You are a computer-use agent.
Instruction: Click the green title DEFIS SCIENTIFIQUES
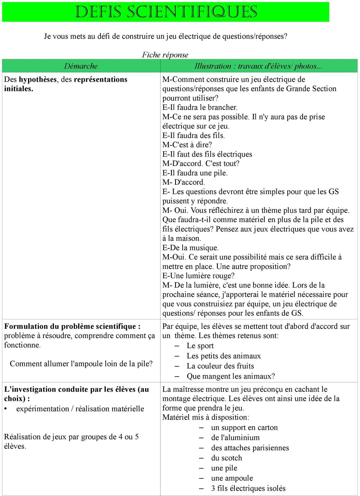coord(166,12)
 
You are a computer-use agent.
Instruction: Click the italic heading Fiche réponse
coord(165,55)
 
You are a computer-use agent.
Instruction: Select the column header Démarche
coord(81,66)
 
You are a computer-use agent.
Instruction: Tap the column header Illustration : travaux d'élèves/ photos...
coord(258,66)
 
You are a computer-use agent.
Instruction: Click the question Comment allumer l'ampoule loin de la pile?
coord(81,364)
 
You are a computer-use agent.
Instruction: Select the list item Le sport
coord(200,346)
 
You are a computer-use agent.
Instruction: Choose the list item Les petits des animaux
coord(223,356)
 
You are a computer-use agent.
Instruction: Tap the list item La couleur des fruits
coord(220,366)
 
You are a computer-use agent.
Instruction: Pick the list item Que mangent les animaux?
coord(231,376)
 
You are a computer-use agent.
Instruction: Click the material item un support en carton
coord(244,427)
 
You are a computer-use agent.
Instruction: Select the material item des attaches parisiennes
coord(250,448)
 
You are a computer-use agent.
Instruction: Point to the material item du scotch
coord(226,458)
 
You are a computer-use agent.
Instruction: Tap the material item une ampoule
coord(232,478)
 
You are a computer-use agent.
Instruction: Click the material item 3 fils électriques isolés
coord(248,488)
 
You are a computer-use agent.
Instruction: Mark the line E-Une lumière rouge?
coord(198,276)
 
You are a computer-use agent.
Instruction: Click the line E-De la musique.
coord(190,248)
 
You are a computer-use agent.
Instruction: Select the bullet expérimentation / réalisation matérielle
coord(80,409)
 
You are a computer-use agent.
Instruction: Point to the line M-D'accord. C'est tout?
coord(201,163)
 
